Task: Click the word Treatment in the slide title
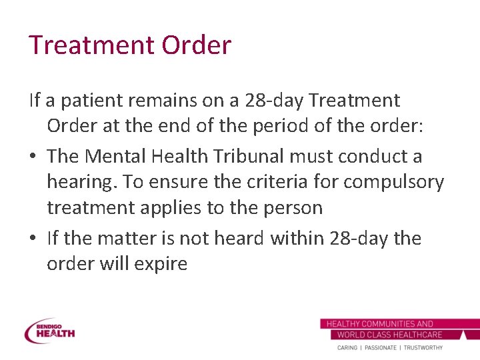coord(90,45)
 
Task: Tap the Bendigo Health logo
coord(50,331)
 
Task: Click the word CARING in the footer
coord(347,347)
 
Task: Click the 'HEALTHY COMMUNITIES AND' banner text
coord(379,324)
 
